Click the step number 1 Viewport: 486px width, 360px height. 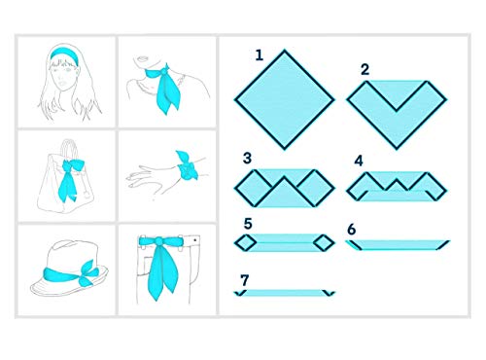pos(259,55)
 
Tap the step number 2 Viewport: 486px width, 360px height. pos(364,69)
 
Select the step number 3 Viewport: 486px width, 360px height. pos(247,157)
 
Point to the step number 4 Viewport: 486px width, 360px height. pos(359,160)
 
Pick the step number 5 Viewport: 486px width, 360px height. pos(247,223)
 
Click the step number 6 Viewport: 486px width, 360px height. pos(352,229)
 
